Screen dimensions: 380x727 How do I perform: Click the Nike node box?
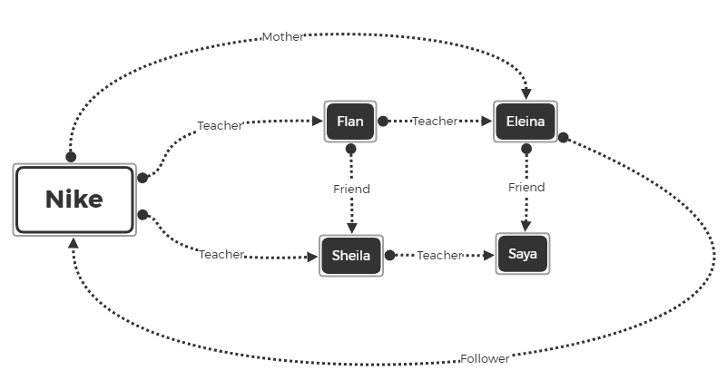(74, 200)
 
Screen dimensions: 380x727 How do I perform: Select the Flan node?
(350, 121)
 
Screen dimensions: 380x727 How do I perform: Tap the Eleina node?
(526, 121)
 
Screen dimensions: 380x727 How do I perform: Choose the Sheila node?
(350, 255)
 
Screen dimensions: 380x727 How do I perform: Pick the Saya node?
(523, 254)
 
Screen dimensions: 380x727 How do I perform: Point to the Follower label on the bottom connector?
(484, 358)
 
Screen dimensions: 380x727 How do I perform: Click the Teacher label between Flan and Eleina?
(434, 121)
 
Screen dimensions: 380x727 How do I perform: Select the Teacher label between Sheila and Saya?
(439, 256)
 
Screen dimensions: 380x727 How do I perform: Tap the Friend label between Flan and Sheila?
(350, 189)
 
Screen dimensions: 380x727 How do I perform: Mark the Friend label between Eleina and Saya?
(526, 187)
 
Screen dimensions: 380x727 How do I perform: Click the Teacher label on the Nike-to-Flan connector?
(220, 126)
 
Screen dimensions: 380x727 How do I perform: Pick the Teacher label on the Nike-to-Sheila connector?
(221, 255)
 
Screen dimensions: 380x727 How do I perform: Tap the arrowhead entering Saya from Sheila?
(486, 256)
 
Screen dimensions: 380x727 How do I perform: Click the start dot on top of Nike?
(71, 157)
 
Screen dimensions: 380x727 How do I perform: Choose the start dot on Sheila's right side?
(389, 256)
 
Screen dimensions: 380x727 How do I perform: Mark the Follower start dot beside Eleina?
(563, 138)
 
